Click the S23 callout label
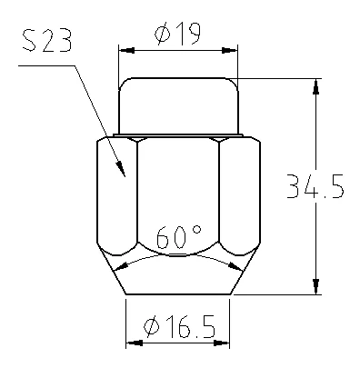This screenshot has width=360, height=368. (x=47, y=40)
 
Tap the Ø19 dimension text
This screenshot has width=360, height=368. (x=177, y=34)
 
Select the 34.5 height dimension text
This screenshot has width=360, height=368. (x=315, y=186)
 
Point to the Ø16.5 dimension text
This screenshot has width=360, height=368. (x=180, y=326)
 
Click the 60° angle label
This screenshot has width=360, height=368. (x=178, y=236)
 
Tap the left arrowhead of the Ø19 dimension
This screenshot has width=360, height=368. (x=126, y=50)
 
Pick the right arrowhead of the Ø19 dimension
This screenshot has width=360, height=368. (x=230, y=50)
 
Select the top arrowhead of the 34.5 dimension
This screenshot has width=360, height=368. (x=316, y=86)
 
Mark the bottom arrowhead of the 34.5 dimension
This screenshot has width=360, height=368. (x=316, y=286)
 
